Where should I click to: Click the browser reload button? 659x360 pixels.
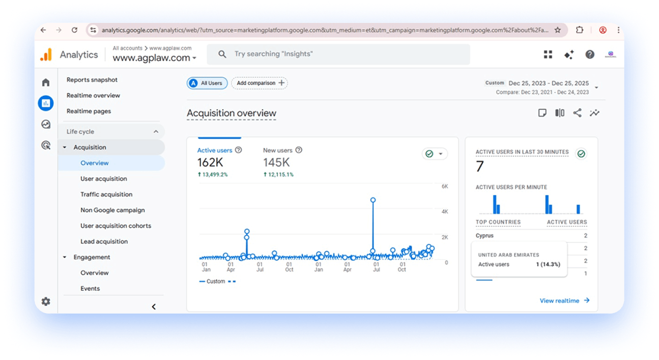[x=74, y=30]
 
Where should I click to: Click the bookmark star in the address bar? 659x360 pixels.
[x=558, y=30]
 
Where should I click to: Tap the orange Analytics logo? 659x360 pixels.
[x=46, y=55]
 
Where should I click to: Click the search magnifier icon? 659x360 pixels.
[x=222, y=54]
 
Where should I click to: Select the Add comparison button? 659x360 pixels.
[x=260, y=83]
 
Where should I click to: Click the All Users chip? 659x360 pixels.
[x=207, y=83]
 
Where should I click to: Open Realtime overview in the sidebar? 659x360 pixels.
[x=93, y=95]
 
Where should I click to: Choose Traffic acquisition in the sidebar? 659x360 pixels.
[x=106, y=195]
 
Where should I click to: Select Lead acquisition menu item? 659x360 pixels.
[x=104, y=241]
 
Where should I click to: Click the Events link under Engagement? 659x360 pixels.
[x=90, y=289]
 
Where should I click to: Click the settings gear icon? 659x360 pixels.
[x=46, y=301]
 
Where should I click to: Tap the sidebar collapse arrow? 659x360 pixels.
[x=154, y=307]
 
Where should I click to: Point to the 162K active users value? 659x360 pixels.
[x=210, y=162]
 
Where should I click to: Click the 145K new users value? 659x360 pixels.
[x=276, y=162]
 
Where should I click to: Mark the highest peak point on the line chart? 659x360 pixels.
[x=373, y=200]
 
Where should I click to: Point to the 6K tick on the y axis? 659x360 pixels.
[x=445, y=186]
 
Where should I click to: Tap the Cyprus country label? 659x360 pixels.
[x=484, y=235]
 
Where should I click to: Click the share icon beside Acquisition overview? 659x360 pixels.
[x=577, y=113]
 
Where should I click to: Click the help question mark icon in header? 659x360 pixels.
[x=590, y=54]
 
